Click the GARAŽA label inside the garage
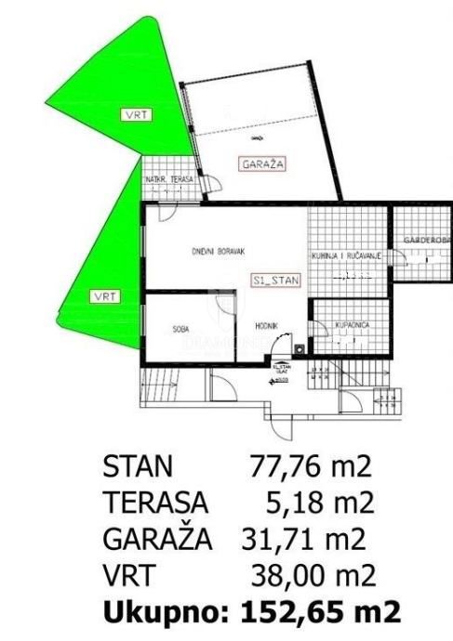click(263, 164)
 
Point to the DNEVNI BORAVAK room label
click(218, 252)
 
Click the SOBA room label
click(181, 328)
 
